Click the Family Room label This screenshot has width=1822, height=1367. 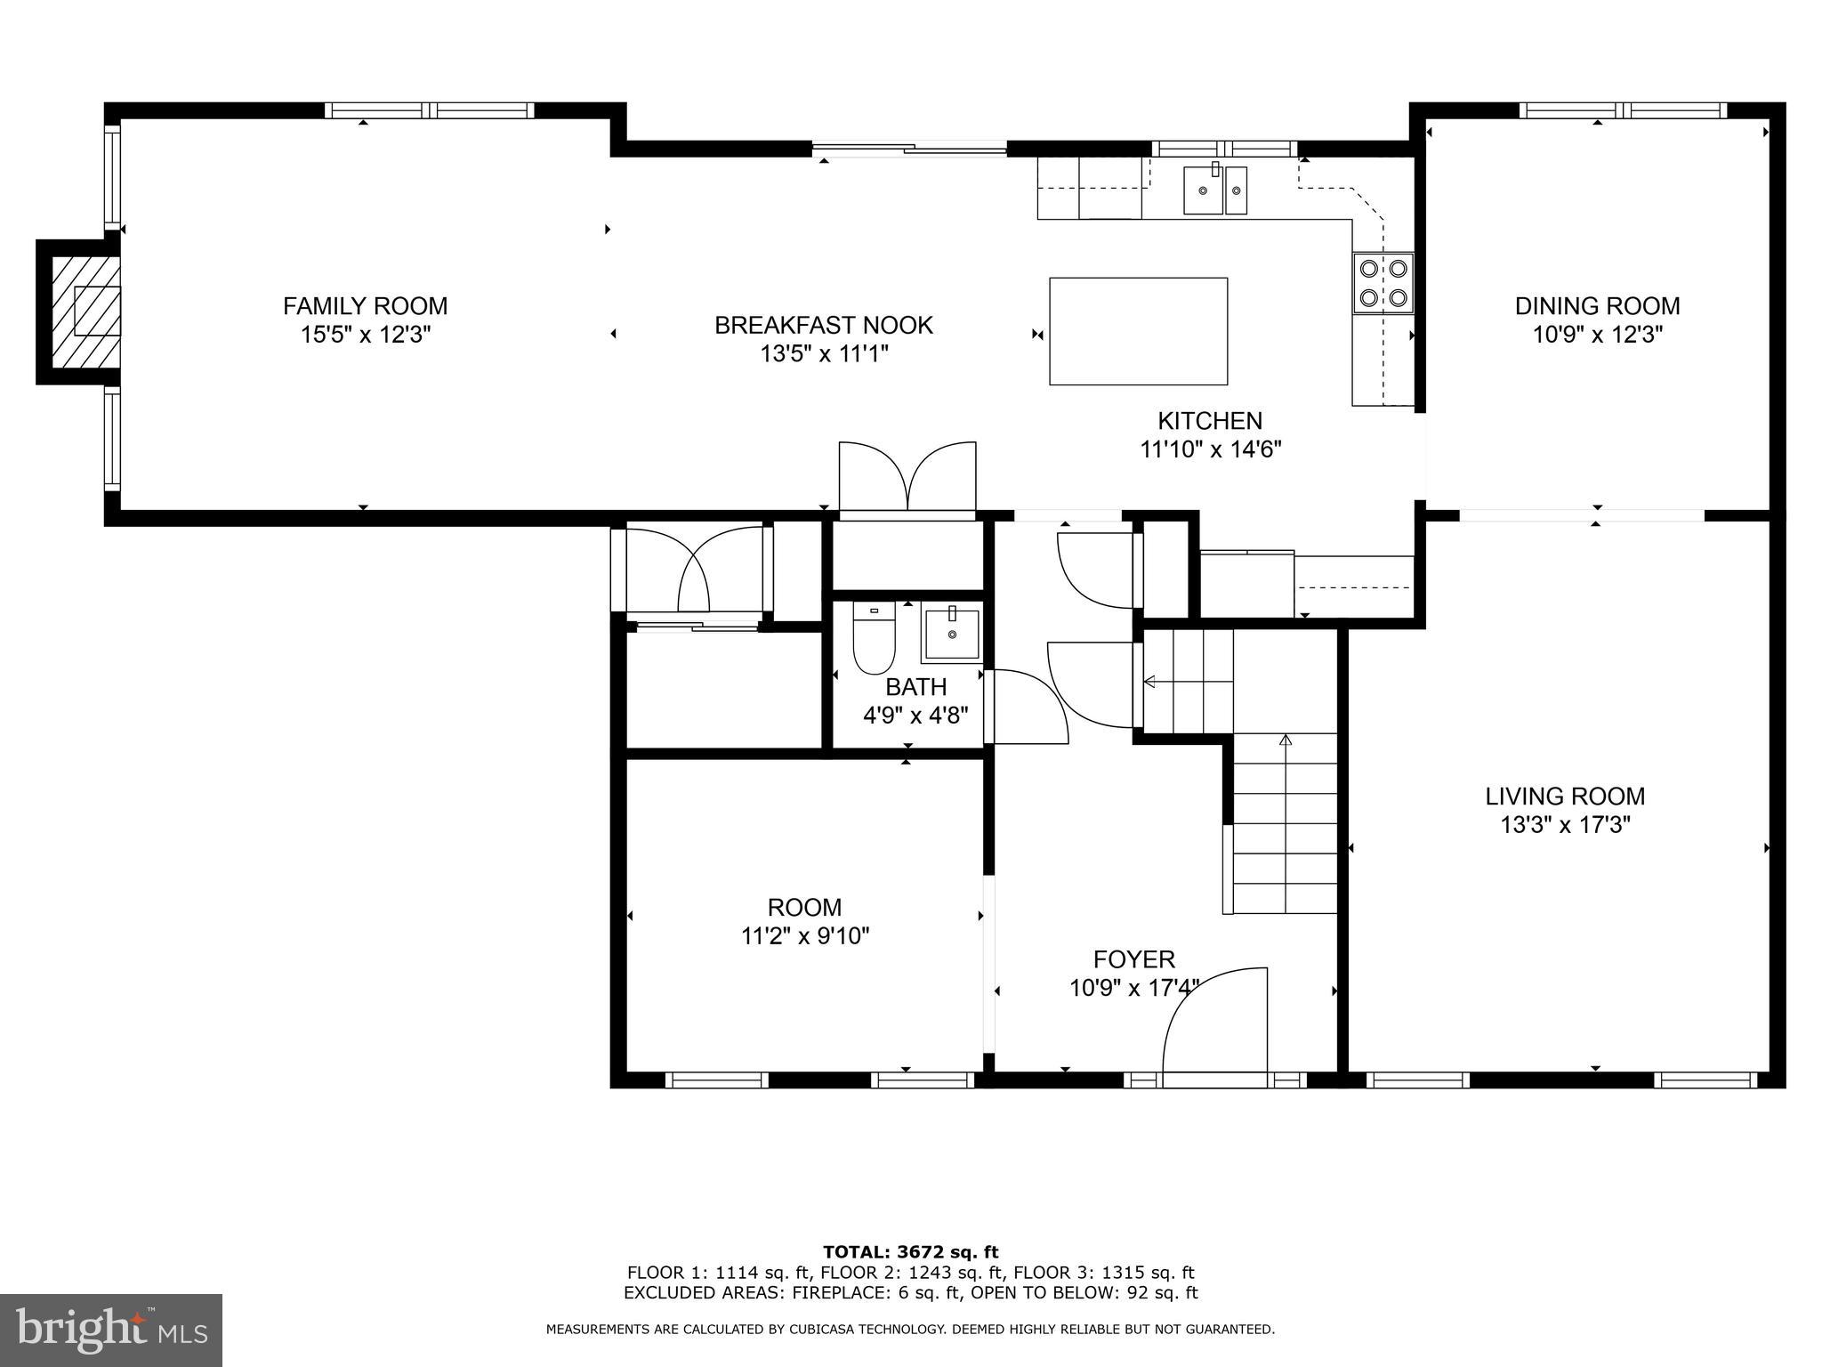[365, 306]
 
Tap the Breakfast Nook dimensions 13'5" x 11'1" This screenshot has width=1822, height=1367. [824, 354]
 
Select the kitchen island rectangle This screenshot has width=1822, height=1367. [1138, 331]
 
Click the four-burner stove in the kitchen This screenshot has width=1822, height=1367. [1383, 283]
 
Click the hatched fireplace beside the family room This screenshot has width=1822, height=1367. [85, 311]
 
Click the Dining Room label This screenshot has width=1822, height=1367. [1597, 306]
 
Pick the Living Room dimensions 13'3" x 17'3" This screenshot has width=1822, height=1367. [1565, 825]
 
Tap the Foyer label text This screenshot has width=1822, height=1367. [1133, 959]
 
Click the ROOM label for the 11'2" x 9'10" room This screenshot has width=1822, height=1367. [804, 907]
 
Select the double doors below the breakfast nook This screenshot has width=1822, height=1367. [907, 478]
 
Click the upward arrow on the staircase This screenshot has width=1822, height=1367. [1285, 740]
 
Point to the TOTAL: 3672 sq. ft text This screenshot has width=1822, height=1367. [910, 1253]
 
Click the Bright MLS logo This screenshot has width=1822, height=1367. [111, 1330]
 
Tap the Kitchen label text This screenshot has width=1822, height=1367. [1209, 421]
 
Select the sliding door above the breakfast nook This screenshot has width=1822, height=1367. [908, 150]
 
